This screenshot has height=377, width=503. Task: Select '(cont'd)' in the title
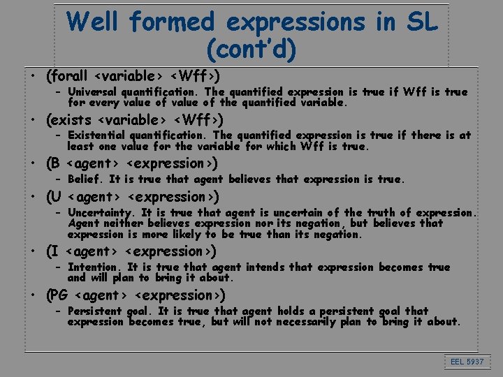click(251, 50)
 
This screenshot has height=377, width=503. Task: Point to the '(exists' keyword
click(68, 119)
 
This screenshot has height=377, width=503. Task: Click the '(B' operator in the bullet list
click(53, 164)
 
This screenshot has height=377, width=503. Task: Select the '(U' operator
click(53, 197)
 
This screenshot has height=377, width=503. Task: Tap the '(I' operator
click(52, 251)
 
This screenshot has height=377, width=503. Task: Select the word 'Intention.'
click(94, 267)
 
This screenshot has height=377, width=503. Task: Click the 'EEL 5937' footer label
click(467, 362)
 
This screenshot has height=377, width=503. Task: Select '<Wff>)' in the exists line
click(198, 119)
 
